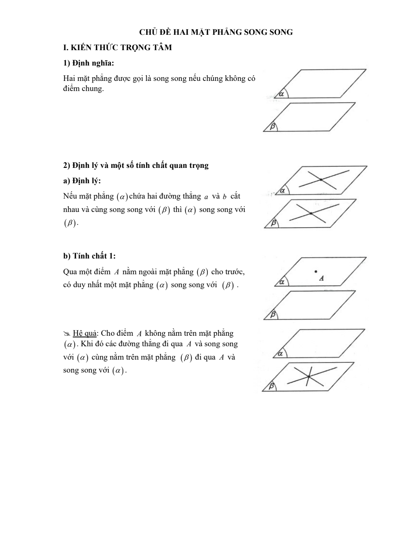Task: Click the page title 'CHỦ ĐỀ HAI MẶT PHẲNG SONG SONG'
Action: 216,32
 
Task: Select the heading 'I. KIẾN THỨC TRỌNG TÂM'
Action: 118,48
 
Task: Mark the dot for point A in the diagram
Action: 316,271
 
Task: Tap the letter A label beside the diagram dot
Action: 321,278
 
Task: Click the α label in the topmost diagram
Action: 281,94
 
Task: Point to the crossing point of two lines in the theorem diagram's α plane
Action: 321,179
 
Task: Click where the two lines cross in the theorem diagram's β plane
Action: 310,213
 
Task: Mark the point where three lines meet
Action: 308,377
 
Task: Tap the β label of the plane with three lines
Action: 271,386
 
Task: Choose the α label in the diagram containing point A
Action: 282,282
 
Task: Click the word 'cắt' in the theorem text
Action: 235,196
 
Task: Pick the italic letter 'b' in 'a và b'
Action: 224,197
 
